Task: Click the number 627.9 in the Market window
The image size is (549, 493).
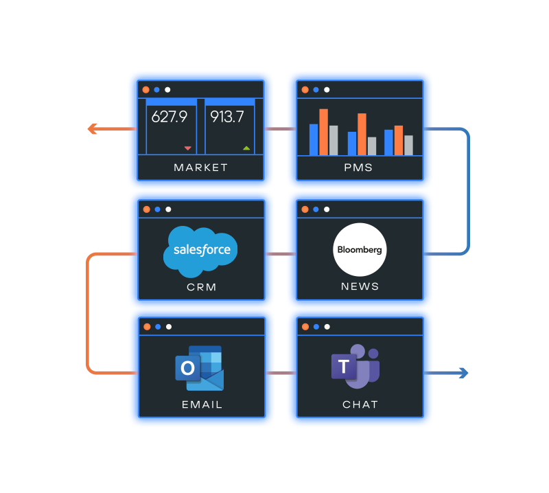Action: (169, 117)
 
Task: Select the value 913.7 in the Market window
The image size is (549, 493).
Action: (226, 117)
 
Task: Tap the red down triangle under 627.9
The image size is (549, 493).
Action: (187, 148)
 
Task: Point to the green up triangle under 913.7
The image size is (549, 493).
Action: (246, 148)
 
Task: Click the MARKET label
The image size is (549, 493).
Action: (200, 168)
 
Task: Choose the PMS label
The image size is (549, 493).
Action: (360, 168)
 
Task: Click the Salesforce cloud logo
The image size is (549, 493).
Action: (200, 250)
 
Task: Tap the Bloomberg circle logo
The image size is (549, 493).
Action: (360, 250)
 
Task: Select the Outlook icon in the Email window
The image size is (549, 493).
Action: (199, 368)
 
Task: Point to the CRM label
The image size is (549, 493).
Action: (201, 286)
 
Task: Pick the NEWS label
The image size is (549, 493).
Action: (360, 286)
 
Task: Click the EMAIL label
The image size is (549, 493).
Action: (202, 404)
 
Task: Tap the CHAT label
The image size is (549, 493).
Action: (360, 404)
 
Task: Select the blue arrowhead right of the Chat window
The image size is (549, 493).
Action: (464, 373)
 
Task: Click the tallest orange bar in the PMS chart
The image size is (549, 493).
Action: (323, 132)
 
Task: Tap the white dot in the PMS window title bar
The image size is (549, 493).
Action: (327, 89)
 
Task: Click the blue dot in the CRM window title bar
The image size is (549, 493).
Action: (157, 209)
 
